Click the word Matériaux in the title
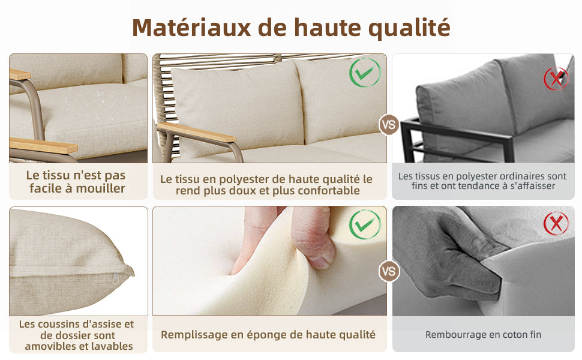(191, 28)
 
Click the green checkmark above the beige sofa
(365, 73)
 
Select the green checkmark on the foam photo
(365, 224)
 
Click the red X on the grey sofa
(556, 79)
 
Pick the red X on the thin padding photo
(556, 224)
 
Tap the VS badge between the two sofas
(389, 125)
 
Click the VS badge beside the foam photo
(389, 271)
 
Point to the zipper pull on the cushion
(115, 279)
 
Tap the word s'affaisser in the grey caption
(533, 185)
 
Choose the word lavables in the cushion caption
(110, 346)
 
